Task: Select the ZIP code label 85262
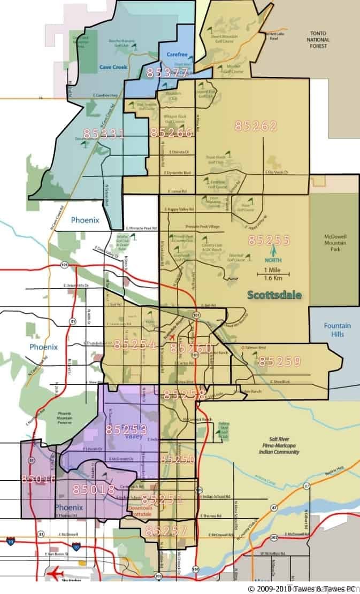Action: pyautogui.click(x=256, y=126)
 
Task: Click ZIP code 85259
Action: pyautogui.click(x=280, y=361)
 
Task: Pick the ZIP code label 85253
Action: pyautogui.click(x=127, y=429)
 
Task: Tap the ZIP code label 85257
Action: pyautogui.click(x=166, y=531)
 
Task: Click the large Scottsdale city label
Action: pyautogui.click(x=275, y=295)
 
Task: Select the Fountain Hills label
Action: pyautogui.click(x=337, y=330)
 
